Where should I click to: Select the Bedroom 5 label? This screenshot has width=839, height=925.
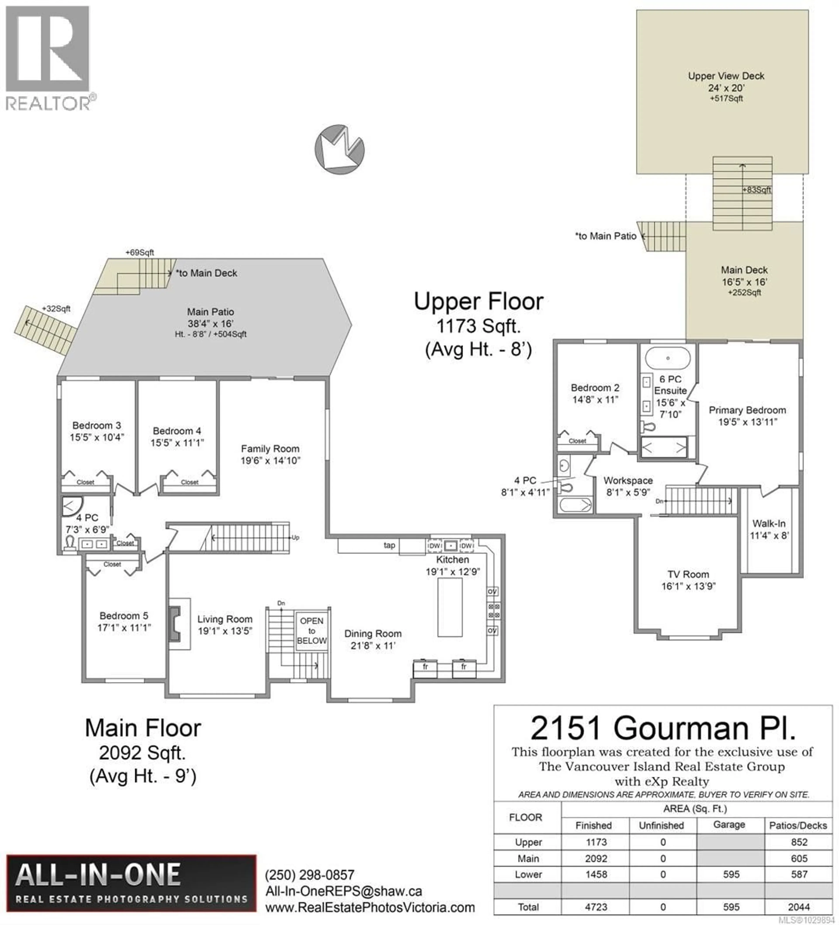(x=124, y=616)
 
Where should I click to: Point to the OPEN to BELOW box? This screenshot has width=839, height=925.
(x=312, y=630)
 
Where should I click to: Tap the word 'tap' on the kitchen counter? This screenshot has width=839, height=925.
(x=389, y=545)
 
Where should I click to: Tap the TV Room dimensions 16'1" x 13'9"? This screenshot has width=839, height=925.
(x=688, y=586)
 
